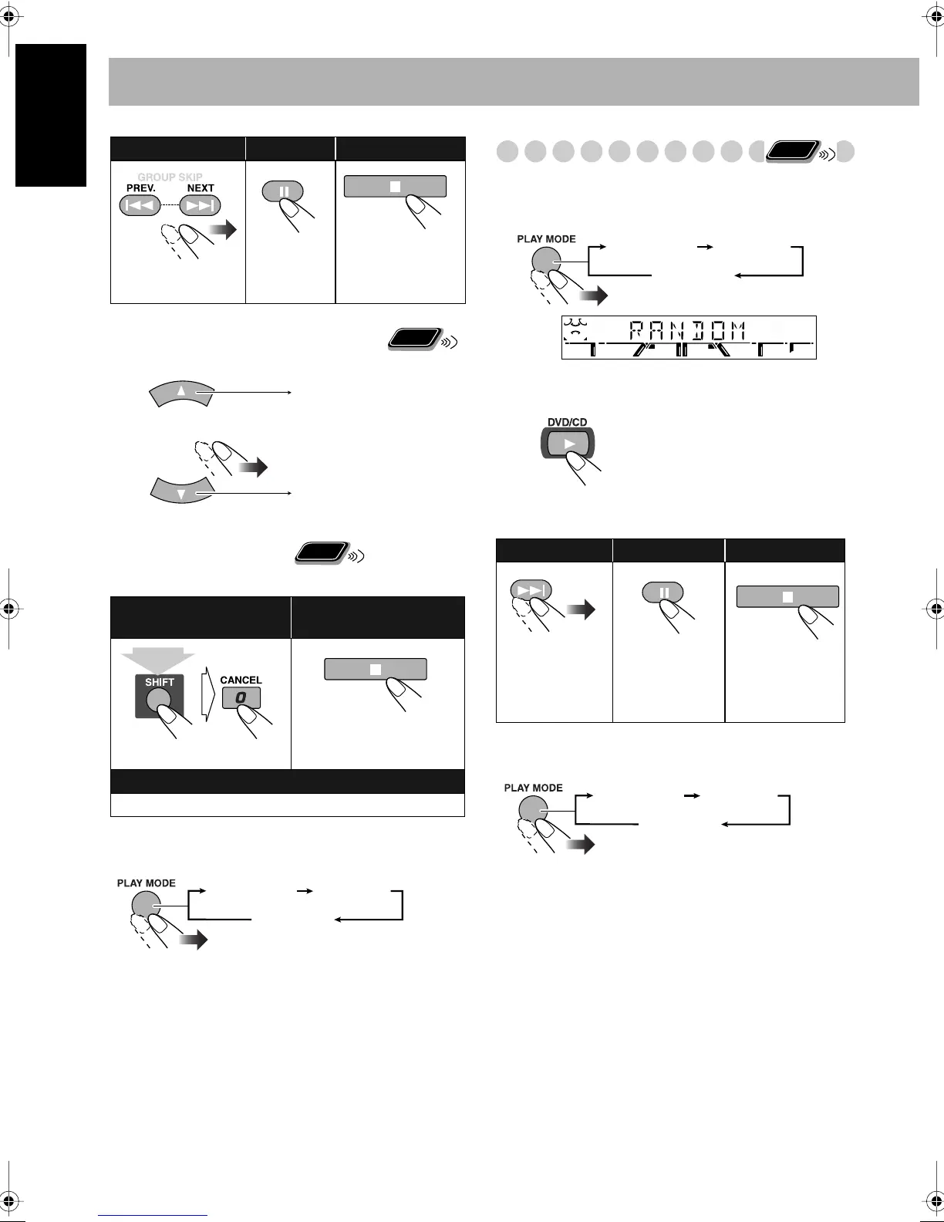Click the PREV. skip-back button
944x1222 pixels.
[139, 205]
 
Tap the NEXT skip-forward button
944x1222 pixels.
[200, 205]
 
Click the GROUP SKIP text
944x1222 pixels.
[170, 177]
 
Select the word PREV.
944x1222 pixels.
[142, 188]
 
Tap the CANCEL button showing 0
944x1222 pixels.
[241, 698]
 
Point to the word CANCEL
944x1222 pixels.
[241, 680]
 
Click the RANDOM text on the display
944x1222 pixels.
[688, 332]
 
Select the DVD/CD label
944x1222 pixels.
[568, 422]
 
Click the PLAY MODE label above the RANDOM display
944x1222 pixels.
[546, 239]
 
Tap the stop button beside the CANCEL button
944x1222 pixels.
[375, 669]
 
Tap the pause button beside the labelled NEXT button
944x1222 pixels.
[284, 191]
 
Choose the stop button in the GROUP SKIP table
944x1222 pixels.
[395, 186]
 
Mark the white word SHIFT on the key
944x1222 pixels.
[160, 683]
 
